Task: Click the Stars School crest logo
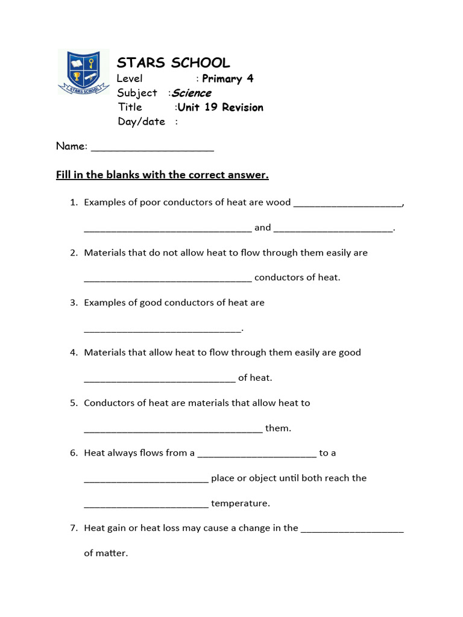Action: (x=83, y=72)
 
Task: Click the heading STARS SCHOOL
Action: (x=173, y=63)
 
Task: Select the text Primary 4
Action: (x=227, y=78)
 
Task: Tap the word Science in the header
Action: (x=192, y=93)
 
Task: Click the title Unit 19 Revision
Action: (x=221, y=107)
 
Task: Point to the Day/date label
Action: (x=141, y=122)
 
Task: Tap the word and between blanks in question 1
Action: (x=263, y=228)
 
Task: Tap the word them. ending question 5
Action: (x=278, y=428)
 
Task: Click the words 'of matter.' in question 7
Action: (x=106, y=553)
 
